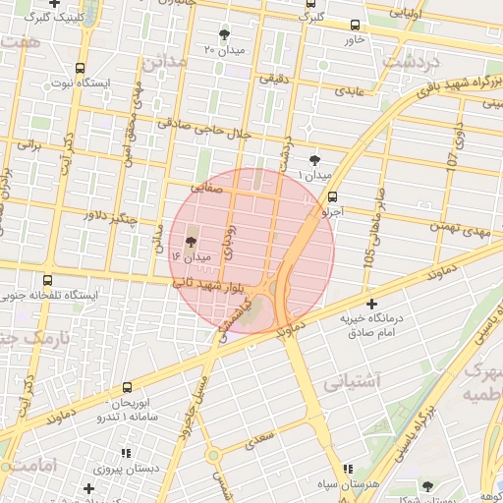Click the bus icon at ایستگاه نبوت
pos(79,69)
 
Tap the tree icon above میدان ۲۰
pos(226,33)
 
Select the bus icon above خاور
pos(355,26)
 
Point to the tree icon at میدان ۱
pos(314,160)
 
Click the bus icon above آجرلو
pos(334,196)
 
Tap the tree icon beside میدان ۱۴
pos(191,241)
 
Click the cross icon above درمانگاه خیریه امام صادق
pos(371,304)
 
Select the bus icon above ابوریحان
pos(128,388)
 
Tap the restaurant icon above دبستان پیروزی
pos(126,453)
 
